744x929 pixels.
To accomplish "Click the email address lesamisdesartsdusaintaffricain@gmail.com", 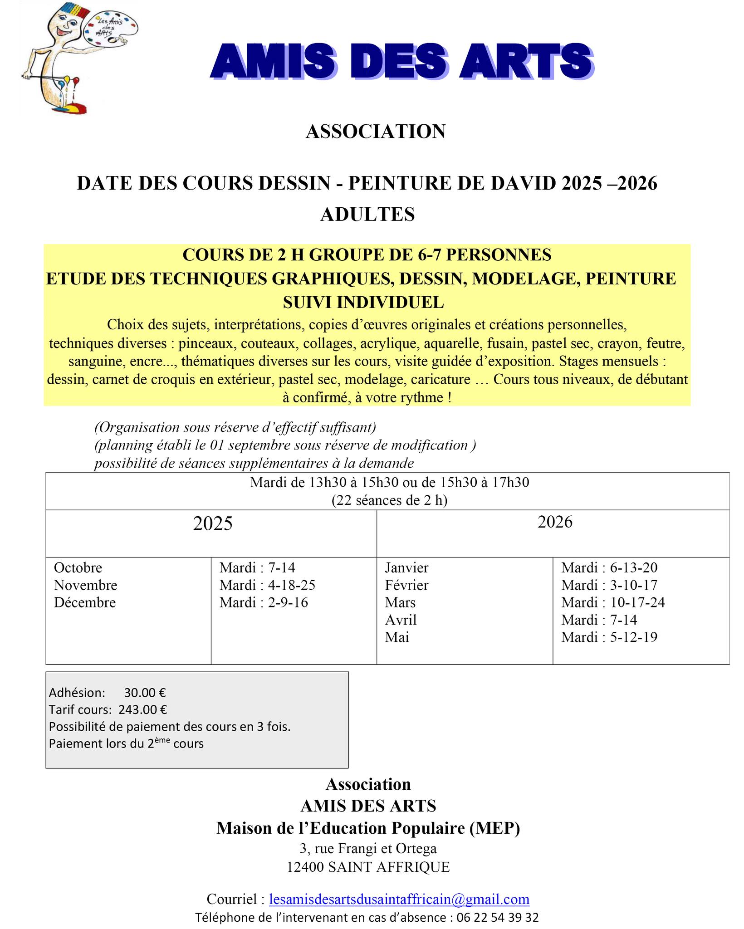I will [399, 899].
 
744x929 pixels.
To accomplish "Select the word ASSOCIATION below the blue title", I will [376, 132].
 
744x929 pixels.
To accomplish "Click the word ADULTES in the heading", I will [367, 214].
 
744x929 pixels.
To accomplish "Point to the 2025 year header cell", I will [212, 523].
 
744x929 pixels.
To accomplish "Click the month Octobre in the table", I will [78, 567].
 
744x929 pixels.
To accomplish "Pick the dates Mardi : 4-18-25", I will [267, 585].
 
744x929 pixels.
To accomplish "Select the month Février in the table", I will [406, 585].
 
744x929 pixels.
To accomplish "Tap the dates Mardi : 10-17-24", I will [613, 602].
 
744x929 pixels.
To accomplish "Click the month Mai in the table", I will [397, 637].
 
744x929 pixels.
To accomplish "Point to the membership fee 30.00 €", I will [145, 693].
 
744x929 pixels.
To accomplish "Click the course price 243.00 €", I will [143, 709].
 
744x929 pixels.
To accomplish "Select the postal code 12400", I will [305, 867].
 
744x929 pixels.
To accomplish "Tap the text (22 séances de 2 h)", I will [389, 500].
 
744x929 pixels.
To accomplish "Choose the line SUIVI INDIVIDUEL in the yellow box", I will [363, 302].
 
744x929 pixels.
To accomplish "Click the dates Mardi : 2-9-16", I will [264, 602].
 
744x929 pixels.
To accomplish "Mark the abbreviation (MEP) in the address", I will [495, 828].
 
